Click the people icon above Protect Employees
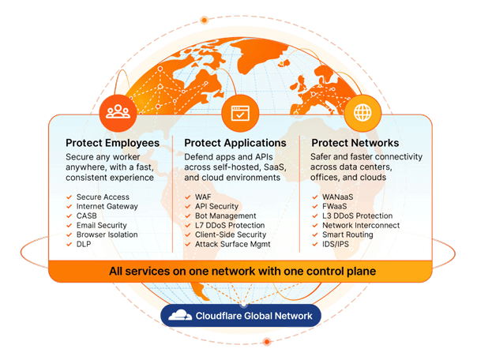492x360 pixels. tap(118, 113)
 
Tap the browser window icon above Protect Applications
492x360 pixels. tap(240, 113)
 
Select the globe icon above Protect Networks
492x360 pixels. tap(362, 113)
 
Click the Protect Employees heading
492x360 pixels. tap(112, 143)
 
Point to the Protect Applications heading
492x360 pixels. tap(235, 143)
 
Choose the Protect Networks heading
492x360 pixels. tap(355, 143)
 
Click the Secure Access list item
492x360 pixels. tap(103, 197)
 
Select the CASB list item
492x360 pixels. tap(86, 216)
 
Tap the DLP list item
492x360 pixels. tap(84, 244)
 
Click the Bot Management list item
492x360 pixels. tap(225, 216)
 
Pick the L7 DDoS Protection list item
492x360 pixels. tap(230, 225)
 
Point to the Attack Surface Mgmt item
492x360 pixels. tap(232, 244)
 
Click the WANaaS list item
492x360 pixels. tap(338, 197)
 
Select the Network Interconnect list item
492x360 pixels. tap(361, 225)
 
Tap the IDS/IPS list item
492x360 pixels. tap(336, 244)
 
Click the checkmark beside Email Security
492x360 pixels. tap(69, 226)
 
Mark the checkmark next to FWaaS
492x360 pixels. tap(315, 207)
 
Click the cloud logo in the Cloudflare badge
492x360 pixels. tap(180, 316)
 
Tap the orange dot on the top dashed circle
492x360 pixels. tap(205, 21)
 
